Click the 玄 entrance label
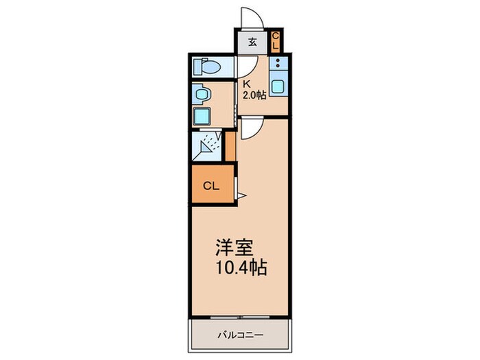point(252,42)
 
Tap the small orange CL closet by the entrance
point(276,41)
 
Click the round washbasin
point(200,92)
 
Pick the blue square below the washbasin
point(202,115)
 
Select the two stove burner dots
point(278,66)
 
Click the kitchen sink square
point(278,87)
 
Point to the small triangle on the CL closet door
point(241,196)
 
